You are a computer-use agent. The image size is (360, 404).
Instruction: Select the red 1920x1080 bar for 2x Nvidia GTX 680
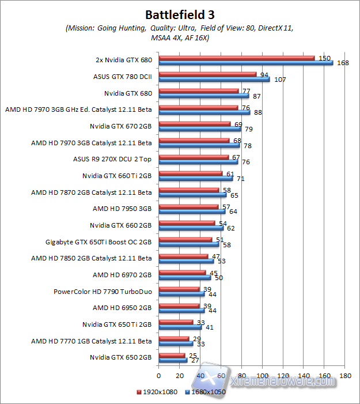pos(236,58)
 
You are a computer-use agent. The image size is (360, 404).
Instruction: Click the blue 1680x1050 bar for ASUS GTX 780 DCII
pos(214,80)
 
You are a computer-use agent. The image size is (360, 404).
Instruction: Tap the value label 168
pos(343,63)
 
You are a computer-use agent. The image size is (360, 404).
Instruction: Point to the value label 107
pos(280,80)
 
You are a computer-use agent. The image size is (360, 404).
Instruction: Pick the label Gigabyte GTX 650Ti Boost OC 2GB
pos(98,242)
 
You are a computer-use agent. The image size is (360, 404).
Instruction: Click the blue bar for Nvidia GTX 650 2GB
pos(173,361)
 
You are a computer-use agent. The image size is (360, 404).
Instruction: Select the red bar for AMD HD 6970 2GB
pos(182,273)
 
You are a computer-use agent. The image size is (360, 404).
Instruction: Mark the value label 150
pos(324,58)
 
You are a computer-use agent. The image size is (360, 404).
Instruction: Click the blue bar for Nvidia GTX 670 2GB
pos(199,129)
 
